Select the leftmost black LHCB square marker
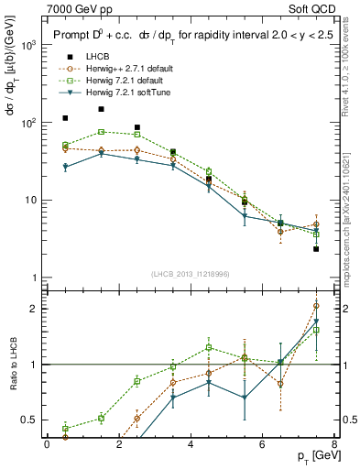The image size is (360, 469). click(x=65, y=118)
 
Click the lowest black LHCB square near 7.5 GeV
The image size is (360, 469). click(x=316, y=249)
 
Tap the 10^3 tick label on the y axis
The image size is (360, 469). click(x=27, y=45)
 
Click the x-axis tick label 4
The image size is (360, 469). click(x=191, y=445)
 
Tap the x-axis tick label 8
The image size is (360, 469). click(x=333, y=445)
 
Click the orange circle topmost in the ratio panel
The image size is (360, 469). click(x=316, y=306)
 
